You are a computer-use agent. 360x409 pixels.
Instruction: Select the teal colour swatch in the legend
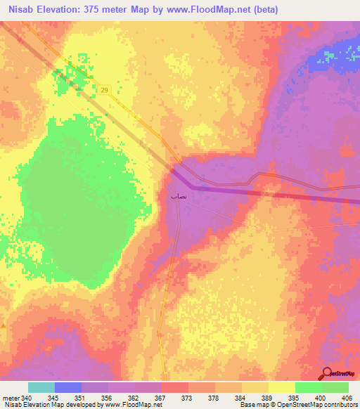(41, 387)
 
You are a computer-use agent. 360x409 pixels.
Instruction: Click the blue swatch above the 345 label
(68, 387)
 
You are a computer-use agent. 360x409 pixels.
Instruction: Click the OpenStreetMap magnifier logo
(328, 373)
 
